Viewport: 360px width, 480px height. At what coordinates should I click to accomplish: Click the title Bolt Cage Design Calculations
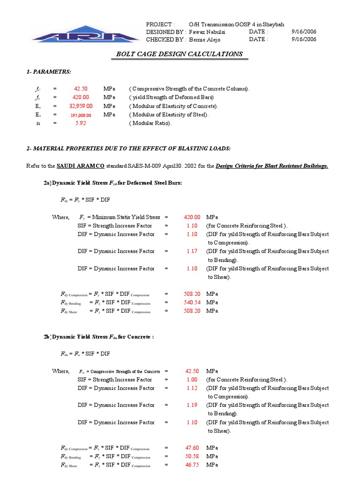(x=180, y=54)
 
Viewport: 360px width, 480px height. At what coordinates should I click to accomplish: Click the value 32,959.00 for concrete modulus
(x=81, y=106)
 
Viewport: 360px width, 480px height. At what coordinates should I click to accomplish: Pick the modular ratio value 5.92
(x=81, y=123)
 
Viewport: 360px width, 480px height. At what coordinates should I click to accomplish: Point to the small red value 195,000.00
(x=81, y=115)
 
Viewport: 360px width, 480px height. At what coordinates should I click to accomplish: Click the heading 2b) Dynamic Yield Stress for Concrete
(x=103, y=337)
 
